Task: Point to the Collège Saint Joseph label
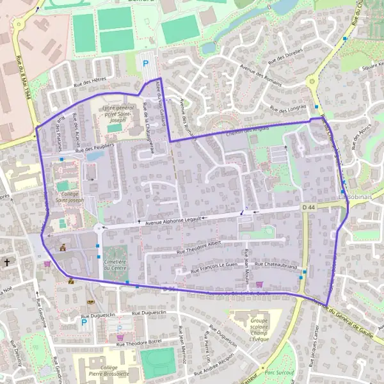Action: click(x=70, y=196)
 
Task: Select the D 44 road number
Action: click(x=309, y=208)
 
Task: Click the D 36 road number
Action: click(x=168, y=290)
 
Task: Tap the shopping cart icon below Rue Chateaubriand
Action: click(x=259, y=284)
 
